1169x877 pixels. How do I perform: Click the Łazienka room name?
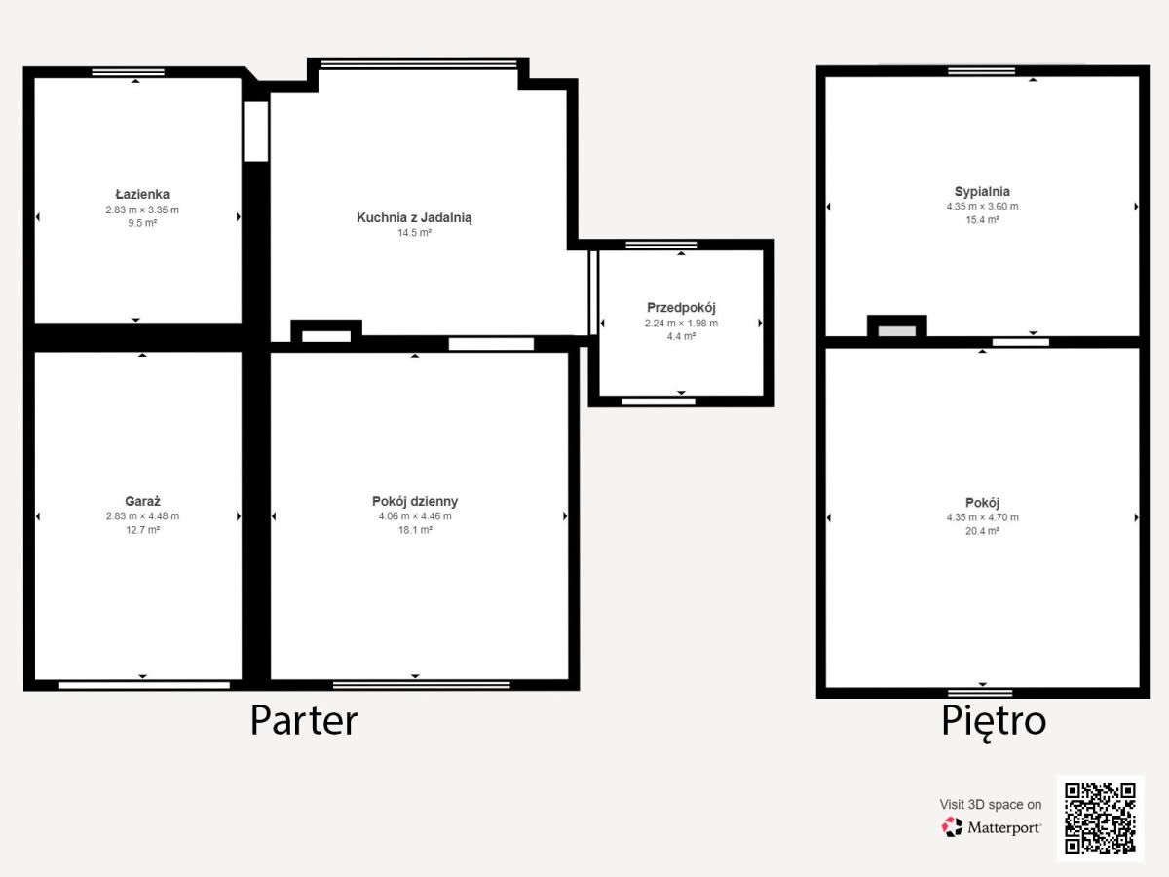[x=142, y=194]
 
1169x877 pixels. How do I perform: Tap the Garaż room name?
[x=143, y=501]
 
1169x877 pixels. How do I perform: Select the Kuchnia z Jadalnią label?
[x=414, y=217]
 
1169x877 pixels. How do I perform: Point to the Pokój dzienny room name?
[x=415, y=501]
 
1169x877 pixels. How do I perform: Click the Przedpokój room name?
[x=681, y=308]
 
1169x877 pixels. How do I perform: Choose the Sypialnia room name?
[x=982, y=192]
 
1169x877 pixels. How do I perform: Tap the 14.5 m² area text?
[x=414, y=233]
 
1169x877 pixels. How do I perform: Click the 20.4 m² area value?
[x=982, y=531]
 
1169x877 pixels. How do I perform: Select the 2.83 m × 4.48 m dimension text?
[x=143, y=516]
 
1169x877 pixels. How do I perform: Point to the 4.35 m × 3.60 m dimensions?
[x=982, y=206]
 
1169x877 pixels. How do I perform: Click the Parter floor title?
[x=304, y=720]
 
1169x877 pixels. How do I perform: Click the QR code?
[x=1100, y=819]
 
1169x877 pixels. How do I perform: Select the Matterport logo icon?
[x=952, y=827]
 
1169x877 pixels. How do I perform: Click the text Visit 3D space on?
[x=990, y=805]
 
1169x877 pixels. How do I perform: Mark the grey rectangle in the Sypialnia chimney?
[x=897, y=331]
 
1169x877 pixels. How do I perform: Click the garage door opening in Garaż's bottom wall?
[x=144, y=685]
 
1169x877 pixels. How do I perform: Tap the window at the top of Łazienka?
[x=128, y=72]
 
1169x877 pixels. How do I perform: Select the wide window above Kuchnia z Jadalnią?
[x=419, y=64]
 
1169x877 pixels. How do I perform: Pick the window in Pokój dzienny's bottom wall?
[x=421, y=685]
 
